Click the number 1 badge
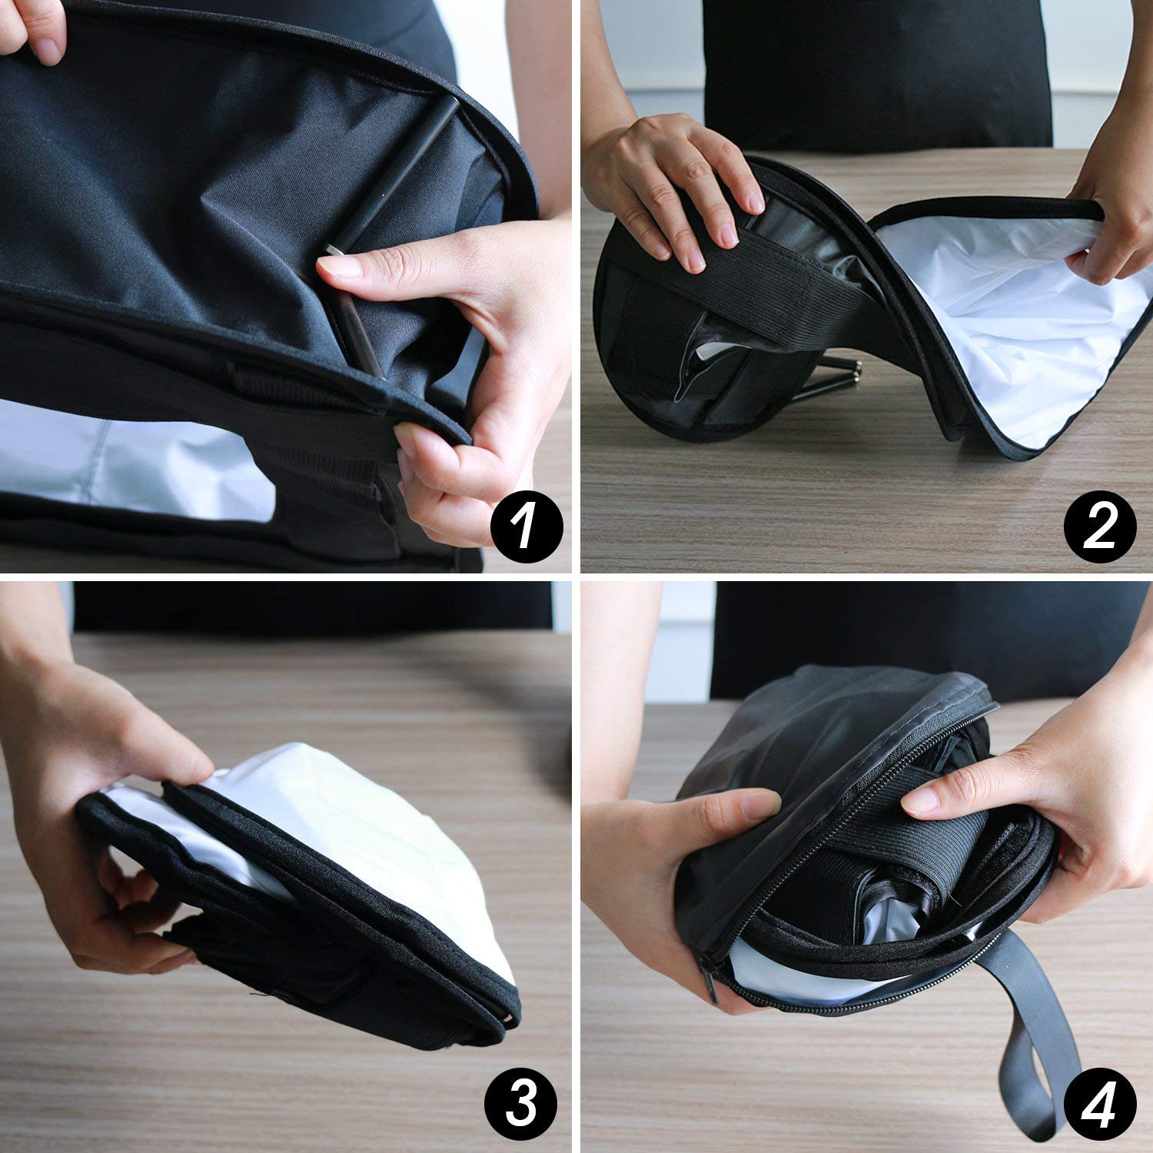coord(526,527)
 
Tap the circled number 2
coord(1099,527)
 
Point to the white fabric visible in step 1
coord(115,461)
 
